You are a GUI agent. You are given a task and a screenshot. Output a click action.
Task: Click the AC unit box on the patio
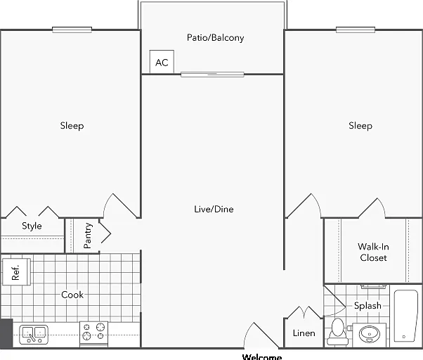click(162, 62)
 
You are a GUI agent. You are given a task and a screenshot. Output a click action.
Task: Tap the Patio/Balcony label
click(215, 37)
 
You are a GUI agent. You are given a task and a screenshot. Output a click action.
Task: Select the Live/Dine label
click(214, 209)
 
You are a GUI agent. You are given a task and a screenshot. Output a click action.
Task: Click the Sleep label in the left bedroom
click(72, 126)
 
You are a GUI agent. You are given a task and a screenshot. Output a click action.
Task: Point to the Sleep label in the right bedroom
click(360, 126)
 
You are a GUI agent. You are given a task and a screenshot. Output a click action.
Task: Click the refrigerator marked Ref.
click(16, 271)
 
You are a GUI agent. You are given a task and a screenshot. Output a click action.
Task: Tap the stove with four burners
click(93, 334)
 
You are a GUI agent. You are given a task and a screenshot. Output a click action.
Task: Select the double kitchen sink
click(34, 335)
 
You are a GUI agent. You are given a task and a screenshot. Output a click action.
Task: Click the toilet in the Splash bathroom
click(337, 332)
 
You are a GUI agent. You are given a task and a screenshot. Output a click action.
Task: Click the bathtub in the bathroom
click(405, 316)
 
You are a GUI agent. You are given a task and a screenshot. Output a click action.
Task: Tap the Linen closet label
click(304, 333)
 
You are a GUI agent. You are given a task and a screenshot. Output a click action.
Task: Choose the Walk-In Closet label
click(373, 252)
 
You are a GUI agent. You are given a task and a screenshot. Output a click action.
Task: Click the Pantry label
click(88, 236)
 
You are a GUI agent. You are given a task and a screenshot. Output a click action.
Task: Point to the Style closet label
click(32, 226)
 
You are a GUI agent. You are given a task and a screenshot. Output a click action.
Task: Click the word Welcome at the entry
click(262, 356)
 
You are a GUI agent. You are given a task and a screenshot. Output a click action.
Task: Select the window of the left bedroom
click(72, 30)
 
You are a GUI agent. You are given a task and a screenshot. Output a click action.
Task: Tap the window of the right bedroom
click(356, 30)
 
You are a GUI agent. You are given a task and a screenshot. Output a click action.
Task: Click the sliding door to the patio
click(212, 75)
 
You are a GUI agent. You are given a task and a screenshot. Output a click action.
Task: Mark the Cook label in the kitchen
click(72, 295)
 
